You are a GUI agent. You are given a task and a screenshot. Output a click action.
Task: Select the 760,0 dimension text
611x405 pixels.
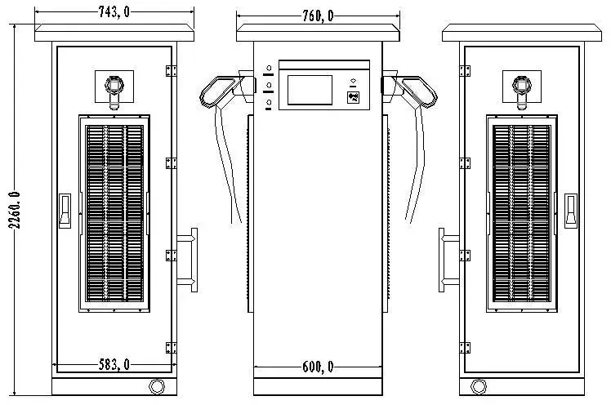pyautogui.click(x=319, y=16)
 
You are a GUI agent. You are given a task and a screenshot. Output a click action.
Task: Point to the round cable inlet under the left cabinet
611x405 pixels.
pyautogui.click(x=156, y=385)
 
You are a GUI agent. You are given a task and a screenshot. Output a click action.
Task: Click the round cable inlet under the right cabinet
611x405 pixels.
pyautogui.click(x=479, y=385)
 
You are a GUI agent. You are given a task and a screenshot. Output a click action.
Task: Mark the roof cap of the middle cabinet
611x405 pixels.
pyautogui.click(x=319, y=33)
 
